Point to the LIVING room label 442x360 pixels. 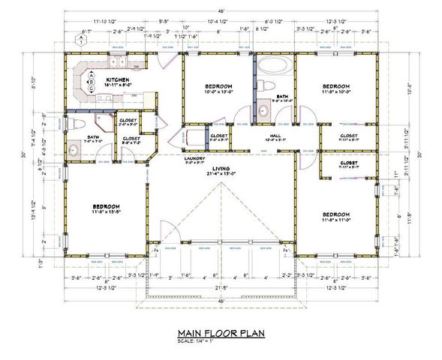pos(221,169)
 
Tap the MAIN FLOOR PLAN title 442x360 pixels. pos(221,331)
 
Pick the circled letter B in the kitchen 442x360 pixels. pos(91,81)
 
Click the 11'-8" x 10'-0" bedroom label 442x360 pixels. pos(335,88)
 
